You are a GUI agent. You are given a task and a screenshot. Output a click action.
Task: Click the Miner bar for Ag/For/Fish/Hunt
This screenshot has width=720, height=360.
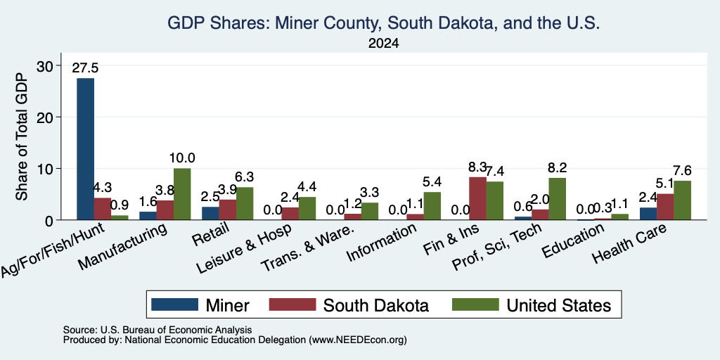85,149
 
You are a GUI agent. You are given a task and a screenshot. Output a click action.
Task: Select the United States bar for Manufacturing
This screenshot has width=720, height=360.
182,194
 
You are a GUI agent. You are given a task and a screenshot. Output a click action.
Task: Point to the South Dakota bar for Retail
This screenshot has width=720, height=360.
228,210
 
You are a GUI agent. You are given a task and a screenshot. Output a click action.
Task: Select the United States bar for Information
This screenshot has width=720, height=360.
432,206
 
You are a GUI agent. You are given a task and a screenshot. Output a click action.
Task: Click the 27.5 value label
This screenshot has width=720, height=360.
85,68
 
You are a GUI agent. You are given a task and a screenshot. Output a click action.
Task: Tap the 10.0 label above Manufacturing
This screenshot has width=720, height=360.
182,158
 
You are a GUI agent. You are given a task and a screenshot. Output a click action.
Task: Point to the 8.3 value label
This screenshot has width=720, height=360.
477,167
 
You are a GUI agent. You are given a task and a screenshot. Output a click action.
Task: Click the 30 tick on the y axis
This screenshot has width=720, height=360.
44,65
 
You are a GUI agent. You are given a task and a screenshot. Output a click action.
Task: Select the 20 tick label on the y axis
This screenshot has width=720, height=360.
44,117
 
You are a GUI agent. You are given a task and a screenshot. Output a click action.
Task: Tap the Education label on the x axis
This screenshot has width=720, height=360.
573,241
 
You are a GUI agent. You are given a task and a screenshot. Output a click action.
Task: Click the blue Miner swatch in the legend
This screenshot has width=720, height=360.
174,304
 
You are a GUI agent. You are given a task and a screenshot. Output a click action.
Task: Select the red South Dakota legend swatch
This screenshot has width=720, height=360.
292,304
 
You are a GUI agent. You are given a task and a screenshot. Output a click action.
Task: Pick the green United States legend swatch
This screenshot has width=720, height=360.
476,304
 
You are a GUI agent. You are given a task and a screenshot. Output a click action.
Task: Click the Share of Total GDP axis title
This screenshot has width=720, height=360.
22,136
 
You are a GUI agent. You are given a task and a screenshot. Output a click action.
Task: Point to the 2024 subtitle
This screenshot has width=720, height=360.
383,44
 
